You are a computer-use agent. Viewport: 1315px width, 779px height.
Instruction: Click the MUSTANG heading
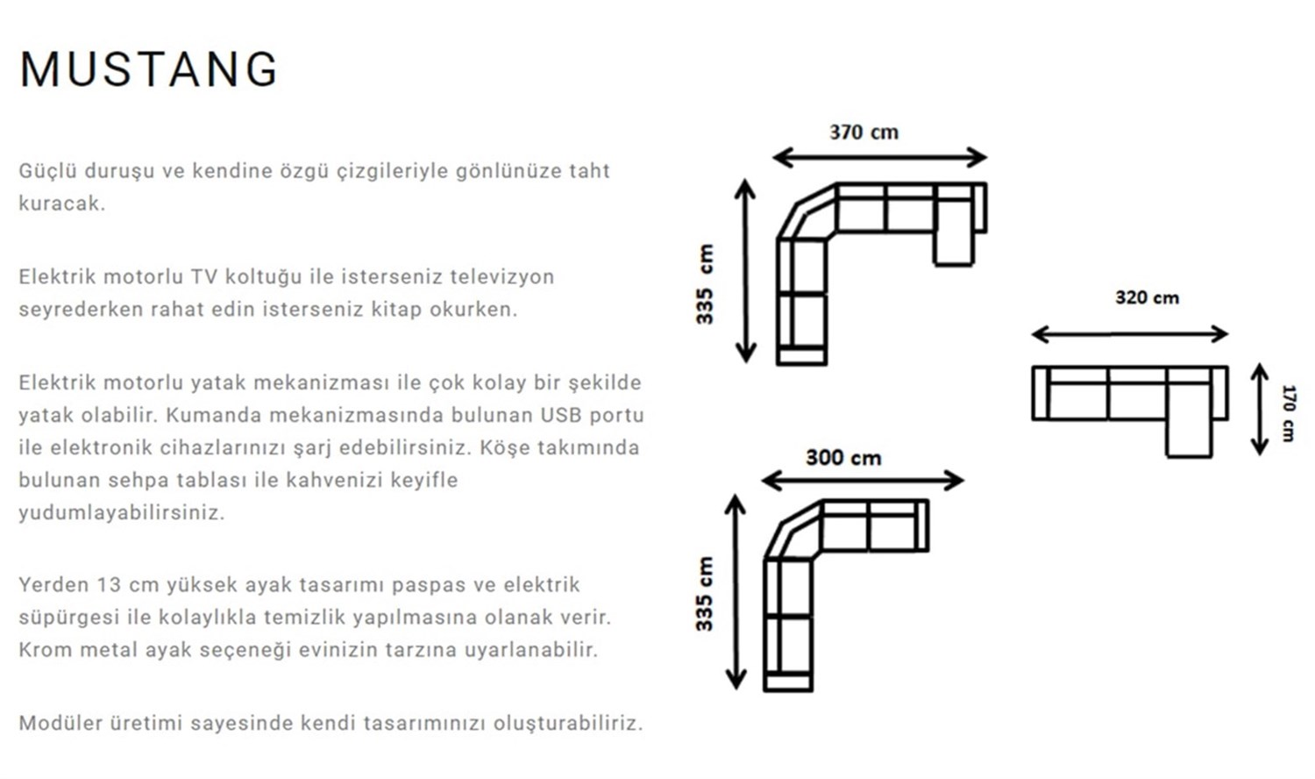click(148, 69)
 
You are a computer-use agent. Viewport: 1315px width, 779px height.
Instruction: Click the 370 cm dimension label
click(864, 132)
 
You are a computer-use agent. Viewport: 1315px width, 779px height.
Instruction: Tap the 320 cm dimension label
click(1147, 298)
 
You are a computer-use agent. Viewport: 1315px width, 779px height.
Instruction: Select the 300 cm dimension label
click(843, 458)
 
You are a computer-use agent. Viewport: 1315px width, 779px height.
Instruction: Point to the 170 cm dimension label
click(1288, 412)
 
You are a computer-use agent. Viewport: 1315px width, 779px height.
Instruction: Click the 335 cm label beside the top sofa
click(706, 284)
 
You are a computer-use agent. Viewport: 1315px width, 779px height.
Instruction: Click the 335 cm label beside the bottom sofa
click(705, 594)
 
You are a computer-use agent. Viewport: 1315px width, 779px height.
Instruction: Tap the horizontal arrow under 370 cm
click(879, 158)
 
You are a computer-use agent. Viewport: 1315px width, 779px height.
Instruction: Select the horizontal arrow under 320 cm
click(1130, 333)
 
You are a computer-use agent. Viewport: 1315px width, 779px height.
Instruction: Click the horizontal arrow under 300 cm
click(863, 480)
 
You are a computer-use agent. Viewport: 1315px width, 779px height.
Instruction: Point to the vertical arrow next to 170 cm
click(1260, 410)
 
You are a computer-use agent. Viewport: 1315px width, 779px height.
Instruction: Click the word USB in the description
click(560, 415)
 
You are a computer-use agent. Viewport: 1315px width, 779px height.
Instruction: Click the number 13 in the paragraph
click(109, 585)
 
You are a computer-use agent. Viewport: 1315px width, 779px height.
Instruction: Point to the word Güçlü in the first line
click(44, 171)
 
